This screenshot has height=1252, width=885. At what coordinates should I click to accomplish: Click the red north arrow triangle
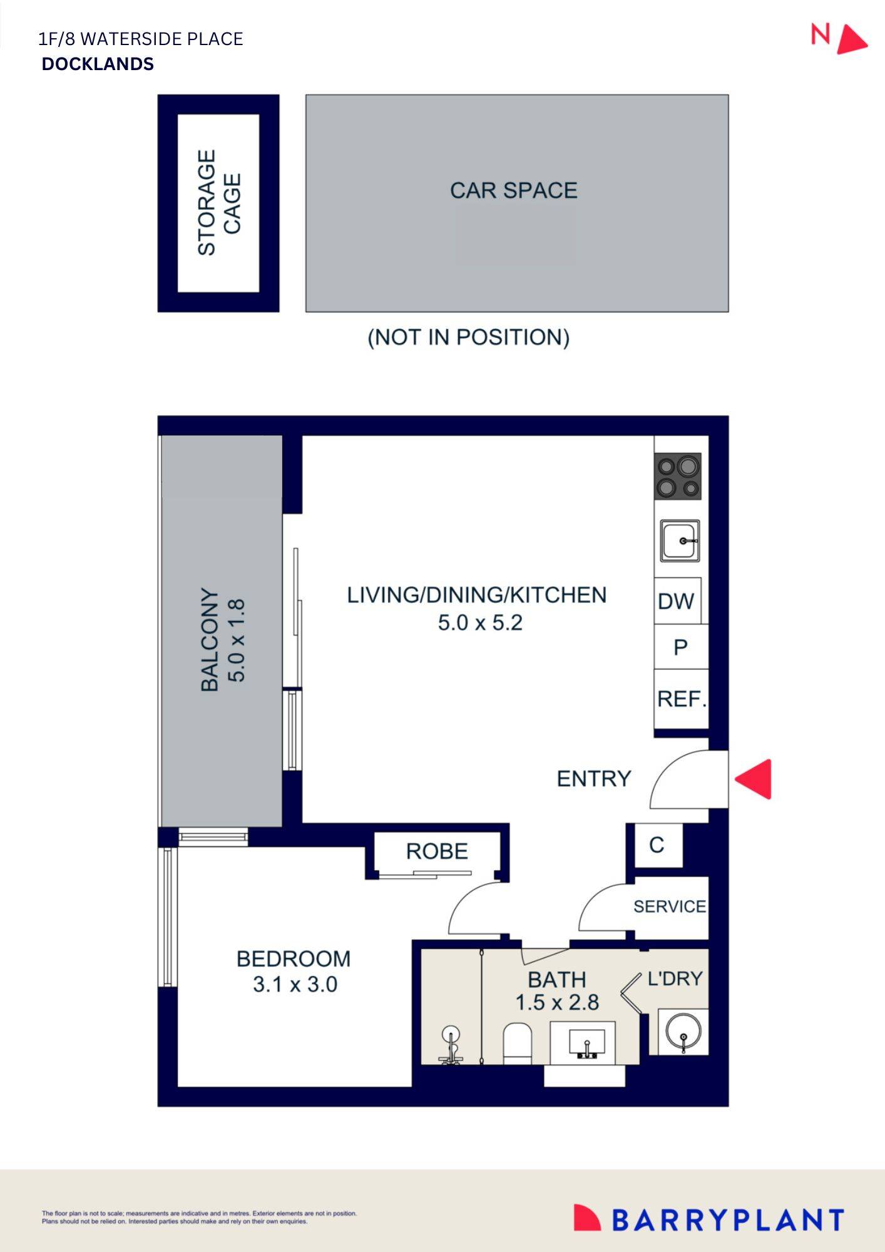tap(851, 40)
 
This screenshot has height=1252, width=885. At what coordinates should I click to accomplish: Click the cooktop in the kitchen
tap(678, 476)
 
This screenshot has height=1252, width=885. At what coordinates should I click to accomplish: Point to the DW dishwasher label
tap(676, 602)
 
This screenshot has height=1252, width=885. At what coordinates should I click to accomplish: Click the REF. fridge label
tap(682, 699)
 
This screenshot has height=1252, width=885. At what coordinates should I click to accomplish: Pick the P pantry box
tap(681, 647)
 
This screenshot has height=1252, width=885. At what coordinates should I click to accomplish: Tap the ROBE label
tap(437, 851)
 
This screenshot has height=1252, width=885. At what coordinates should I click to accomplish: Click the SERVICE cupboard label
tap(670, 906)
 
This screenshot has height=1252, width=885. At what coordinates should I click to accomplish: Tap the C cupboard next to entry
tap(657, 845)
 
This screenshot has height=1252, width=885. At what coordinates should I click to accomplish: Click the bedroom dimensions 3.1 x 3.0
tap(295, 984)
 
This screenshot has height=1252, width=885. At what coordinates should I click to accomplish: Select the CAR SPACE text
tap(513, 190)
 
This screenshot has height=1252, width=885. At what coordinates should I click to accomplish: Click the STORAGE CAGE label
tap(218, 203)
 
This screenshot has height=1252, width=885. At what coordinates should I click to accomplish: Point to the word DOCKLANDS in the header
tap(98, 64)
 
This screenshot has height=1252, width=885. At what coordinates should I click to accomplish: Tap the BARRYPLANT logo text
tap(727, 1220)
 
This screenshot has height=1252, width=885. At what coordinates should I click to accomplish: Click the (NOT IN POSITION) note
tap(468, 337)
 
